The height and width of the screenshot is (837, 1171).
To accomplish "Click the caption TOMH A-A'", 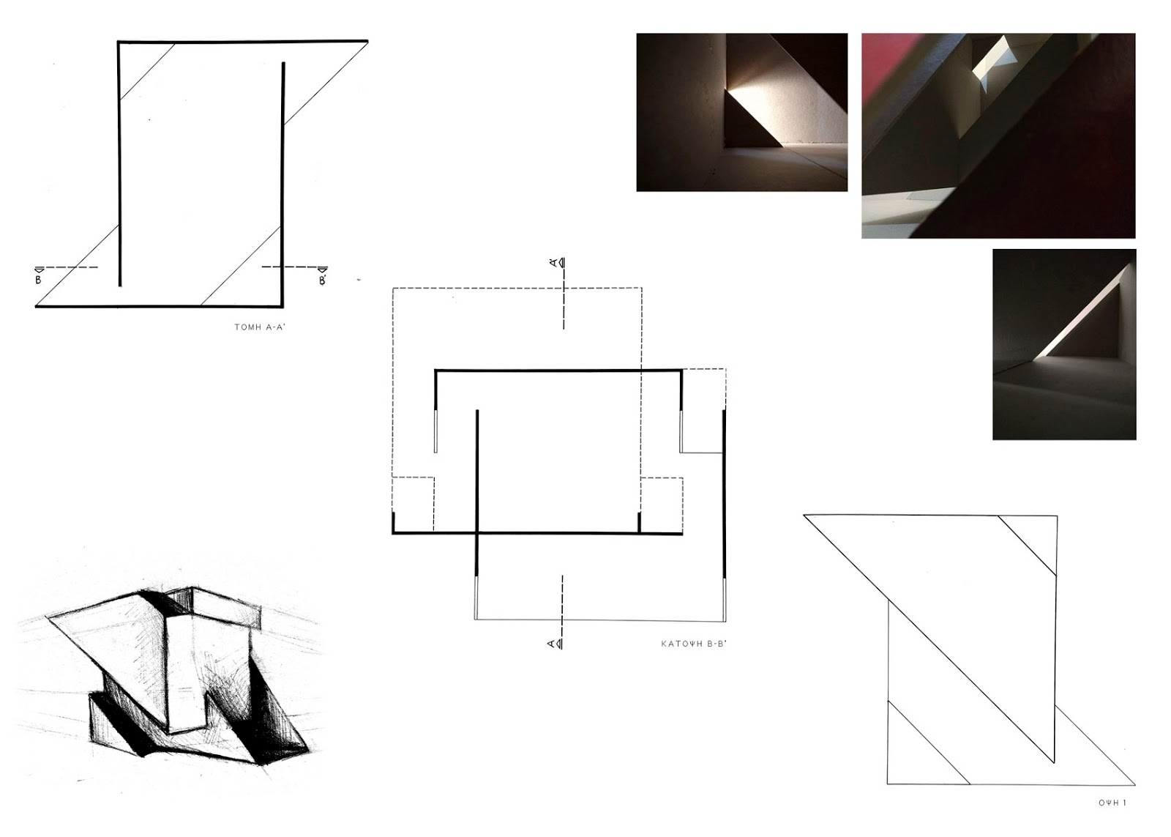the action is pyautogui.click(x=260, y=327).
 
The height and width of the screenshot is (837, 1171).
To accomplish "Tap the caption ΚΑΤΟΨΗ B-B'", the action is pyautogui.click(x=694, y=644).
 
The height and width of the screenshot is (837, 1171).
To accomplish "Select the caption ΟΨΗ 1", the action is pyautogui.click(x=1112, y=803).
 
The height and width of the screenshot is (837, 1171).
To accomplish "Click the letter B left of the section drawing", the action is pyautogui.click(x=38, y=280).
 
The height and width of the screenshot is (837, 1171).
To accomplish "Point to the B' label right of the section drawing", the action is pyautogui.click(x=323, y=280).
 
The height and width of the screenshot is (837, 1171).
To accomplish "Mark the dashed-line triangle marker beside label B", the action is pyautogui.click(x=40, y=269).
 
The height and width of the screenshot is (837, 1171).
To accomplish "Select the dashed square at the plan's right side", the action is pyautogui.click(x=662, y=505).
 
